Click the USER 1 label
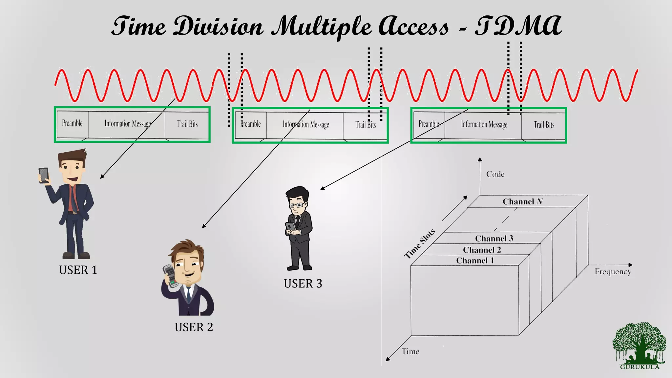tap(78, 270)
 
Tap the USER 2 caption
tap(194, 327)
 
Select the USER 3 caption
tap(303, 283)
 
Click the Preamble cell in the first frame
tap(72, 123)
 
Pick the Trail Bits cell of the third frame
tap(544, 125)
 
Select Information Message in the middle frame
tap(306, 124)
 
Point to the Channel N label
tap(522, 201)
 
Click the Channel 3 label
tap(494, 238)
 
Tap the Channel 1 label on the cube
tap(475, 261)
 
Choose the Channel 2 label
tap(482, 250)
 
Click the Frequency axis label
tap(613, 272)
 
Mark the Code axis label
tap(495, 174)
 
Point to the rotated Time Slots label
tap(420, 243)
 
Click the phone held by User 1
tap(44, 175)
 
